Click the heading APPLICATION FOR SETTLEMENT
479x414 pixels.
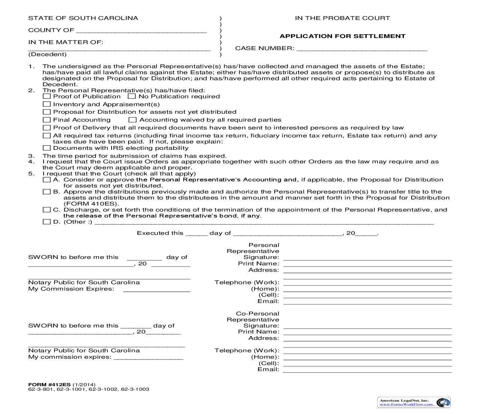342,36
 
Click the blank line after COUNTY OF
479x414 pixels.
141,31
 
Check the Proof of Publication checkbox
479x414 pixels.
47,96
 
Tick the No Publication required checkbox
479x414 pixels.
131,96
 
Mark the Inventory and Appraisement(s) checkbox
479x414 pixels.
47,104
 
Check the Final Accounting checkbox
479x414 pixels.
47,120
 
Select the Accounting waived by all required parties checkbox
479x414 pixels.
132,120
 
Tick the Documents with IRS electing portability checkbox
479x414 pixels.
47,148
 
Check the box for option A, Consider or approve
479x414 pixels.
47,180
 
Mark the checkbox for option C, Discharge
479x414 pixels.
47,210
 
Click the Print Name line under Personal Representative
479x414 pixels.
367,264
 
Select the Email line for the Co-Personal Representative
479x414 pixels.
367,370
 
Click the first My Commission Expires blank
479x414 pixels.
157,289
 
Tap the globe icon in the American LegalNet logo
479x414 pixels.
444,402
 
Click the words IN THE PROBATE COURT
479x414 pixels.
342,18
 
